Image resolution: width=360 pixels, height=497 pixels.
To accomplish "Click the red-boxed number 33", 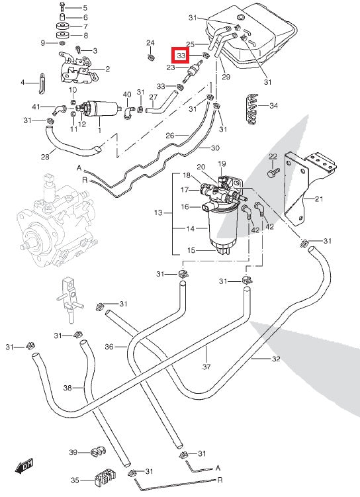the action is tap(181, 56).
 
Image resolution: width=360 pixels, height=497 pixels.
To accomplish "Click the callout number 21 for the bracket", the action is tap(319, 199).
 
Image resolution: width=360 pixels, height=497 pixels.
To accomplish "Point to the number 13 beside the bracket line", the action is tap(158, 212).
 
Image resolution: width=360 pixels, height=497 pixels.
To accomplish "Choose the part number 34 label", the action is tap(273, 105).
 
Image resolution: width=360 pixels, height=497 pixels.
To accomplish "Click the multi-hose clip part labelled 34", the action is tap(253, 109).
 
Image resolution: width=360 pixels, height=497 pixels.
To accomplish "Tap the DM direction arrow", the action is tap(24, 466).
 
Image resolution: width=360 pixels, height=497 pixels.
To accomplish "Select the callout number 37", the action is tap(206, 367).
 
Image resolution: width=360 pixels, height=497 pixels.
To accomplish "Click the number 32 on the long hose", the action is tap(276, 359).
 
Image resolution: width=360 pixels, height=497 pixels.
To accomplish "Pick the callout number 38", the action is tap(67, 388).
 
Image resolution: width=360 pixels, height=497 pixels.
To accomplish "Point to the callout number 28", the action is tap(45, 157).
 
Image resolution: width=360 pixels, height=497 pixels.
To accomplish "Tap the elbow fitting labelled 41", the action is tap(60, 110).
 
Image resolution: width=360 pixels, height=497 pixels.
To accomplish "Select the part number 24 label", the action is tap(150, 43).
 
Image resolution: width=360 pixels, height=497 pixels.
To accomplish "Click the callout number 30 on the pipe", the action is tap(215, 148).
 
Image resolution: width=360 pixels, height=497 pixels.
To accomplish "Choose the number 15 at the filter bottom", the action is tap(191, 250).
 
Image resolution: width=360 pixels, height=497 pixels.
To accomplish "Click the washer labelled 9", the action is tap(62, 43).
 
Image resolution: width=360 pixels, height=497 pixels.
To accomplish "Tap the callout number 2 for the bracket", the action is tap(107, 69).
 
